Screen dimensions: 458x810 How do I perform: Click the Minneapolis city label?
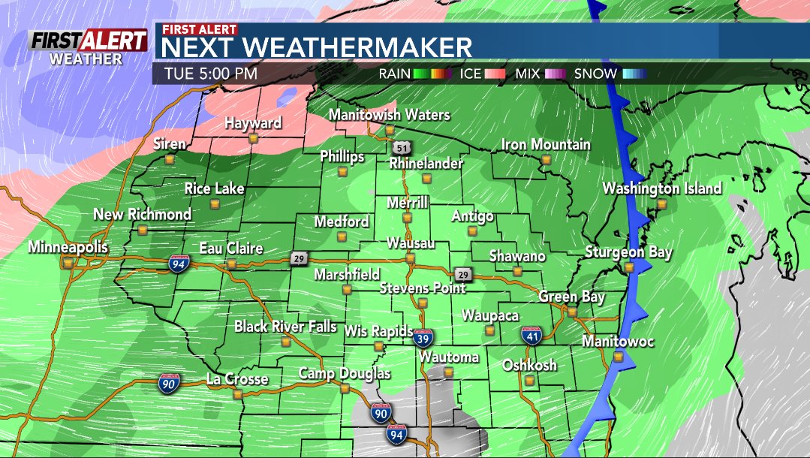point(68,247)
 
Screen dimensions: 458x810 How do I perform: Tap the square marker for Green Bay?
point(571,312)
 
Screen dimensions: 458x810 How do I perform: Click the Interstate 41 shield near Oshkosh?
point(532,335)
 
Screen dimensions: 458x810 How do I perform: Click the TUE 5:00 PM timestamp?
point(209,74)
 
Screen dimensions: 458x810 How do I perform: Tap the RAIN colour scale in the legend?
point(428,74)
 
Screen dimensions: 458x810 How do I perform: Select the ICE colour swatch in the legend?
point(493,74)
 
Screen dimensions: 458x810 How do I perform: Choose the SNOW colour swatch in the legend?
point(634,74)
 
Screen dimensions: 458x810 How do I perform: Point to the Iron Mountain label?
point(546,144)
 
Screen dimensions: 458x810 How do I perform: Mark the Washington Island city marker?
point(661,203)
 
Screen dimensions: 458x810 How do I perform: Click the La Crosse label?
point(236,379)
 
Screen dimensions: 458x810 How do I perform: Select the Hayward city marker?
point(254,138)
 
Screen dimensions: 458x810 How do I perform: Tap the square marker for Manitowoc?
point(618,357)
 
